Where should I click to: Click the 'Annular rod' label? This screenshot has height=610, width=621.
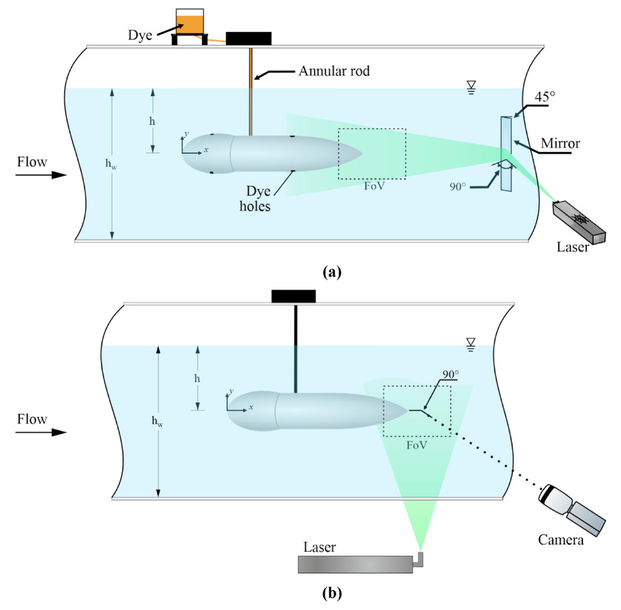point(334,71)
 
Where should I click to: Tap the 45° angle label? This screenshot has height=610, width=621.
point(545,97)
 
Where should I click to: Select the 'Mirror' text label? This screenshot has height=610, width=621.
point(560,144)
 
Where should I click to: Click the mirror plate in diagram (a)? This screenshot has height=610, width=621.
point(506,154)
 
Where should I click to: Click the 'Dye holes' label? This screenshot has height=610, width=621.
point(255,199)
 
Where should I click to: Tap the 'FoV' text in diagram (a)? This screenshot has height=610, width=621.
point(374,186)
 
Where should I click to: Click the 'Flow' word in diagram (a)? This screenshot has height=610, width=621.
point(32,162)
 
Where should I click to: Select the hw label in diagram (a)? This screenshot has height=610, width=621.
point(110,164)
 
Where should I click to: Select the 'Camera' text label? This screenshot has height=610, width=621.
point(561,540)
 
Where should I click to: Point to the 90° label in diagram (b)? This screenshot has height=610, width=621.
point(451,374)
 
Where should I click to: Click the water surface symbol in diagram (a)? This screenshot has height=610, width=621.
point(471,87)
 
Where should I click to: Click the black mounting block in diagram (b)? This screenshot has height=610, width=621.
point(293,296)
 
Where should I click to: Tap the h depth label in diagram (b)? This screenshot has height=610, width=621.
point(197,378)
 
